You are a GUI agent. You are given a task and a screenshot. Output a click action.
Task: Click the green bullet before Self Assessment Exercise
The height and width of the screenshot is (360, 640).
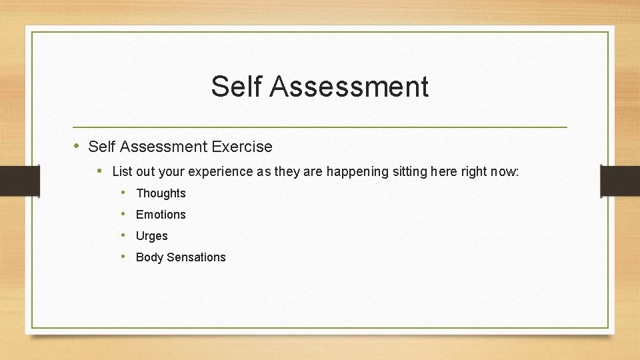pos(77,145)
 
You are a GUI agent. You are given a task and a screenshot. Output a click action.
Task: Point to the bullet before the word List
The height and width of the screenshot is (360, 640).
pos(100,171)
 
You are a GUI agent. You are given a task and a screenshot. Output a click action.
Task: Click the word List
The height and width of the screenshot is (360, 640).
pos(122,171)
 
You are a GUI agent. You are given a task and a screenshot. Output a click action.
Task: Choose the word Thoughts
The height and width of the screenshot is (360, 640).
pos(161,193)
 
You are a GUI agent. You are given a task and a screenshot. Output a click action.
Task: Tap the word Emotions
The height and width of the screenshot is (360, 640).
pos(161,215)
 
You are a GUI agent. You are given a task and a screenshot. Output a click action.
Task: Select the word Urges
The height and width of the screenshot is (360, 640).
pos(152,236)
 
